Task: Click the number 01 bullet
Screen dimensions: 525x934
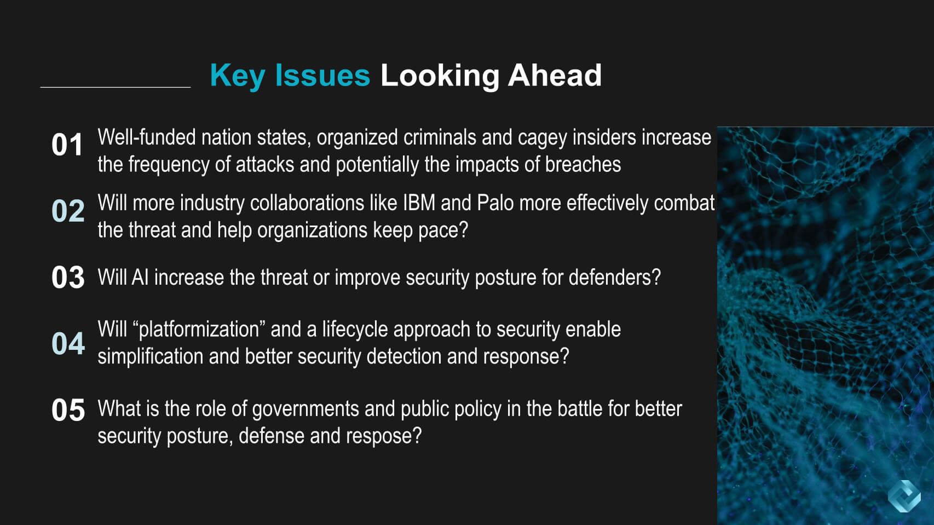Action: (67, 145)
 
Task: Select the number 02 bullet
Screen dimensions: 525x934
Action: (68, 211)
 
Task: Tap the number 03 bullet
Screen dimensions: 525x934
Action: (68, 278)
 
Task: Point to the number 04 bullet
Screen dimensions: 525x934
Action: (68, 344)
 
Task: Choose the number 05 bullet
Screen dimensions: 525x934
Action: (68, 410)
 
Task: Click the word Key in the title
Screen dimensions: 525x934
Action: (238, 76)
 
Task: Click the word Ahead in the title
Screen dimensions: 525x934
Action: (555, 75)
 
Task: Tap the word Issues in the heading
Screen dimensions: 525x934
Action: (322, 75)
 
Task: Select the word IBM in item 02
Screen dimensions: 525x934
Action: (419, 203)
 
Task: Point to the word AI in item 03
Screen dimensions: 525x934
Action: (140, 278)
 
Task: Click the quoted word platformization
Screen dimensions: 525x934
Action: (199, 330)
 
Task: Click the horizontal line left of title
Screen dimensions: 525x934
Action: (116, 87)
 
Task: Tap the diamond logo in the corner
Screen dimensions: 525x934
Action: (904, 496)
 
